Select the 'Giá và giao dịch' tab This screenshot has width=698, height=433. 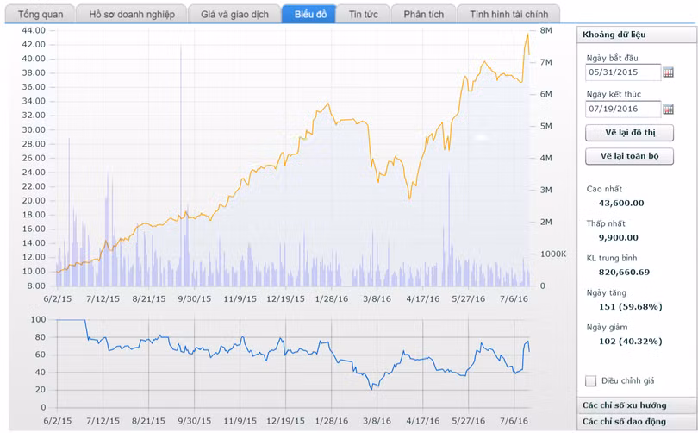coord(234,15)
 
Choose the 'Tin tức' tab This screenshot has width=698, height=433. coord(363,15)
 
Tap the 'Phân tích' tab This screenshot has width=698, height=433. coord(423,15)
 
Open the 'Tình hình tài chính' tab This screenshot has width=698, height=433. coord(508,15)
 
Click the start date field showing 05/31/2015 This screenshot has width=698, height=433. coord(622,72)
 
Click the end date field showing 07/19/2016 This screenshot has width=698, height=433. coord(622,109)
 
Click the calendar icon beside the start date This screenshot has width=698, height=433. coord(668,72)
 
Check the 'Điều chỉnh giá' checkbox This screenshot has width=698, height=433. coord(590,380)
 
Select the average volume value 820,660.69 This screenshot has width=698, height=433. coord(624,272)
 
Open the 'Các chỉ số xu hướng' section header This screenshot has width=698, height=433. coord(636,405)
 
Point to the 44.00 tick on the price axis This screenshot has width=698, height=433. coord(34,30)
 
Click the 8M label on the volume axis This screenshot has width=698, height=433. coord(545,30)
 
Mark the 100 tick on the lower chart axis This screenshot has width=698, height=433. coord(37,320)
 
